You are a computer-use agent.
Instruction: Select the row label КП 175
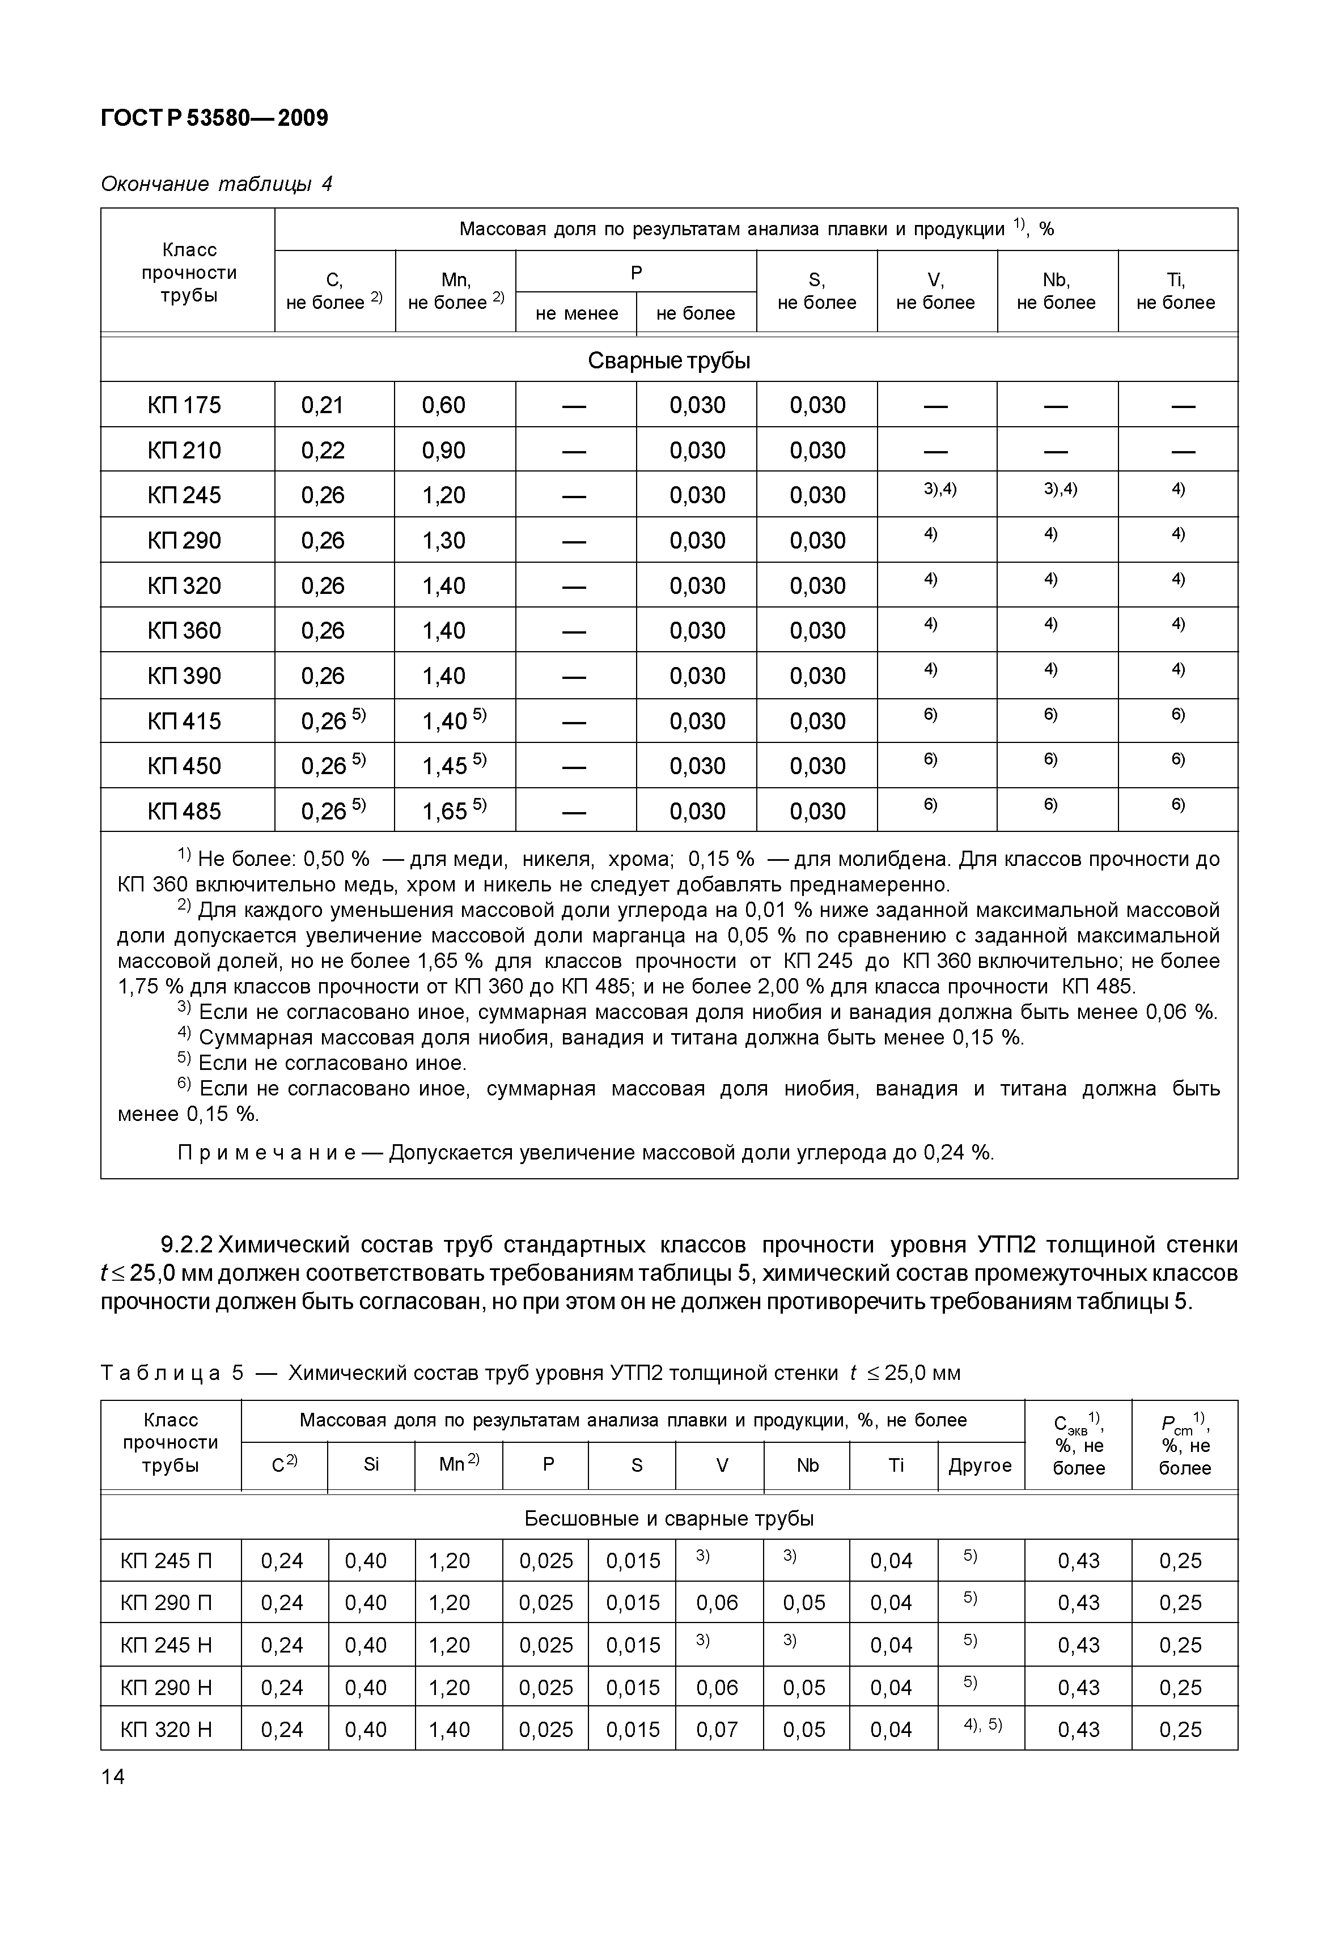(185, 405)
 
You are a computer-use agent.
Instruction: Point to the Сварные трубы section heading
(669, 360)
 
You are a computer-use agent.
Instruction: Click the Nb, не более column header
(1056, 291)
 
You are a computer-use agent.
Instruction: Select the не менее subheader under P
(577, 313)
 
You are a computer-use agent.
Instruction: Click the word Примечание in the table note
(267, 1153)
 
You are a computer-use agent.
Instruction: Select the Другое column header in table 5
(980, 1466)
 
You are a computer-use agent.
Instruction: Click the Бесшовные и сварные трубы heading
(669, 1518)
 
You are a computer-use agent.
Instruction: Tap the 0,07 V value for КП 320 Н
(717, 1730)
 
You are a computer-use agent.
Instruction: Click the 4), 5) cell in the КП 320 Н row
(982, 1725)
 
